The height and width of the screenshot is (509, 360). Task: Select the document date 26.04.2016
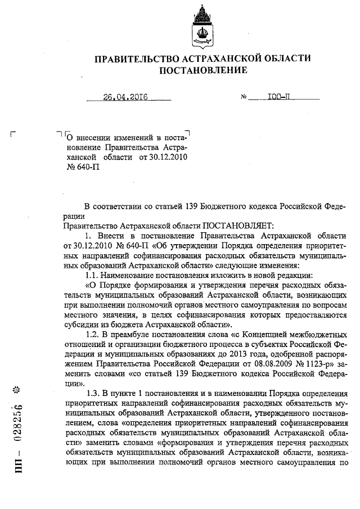[125, 97]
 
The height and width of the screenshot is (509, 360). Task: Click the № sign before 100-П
[244, 97]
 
